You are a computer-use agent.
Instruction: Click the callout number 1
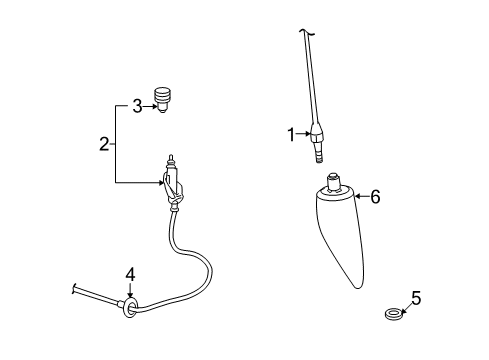pyautogui.click(x=292, y=133)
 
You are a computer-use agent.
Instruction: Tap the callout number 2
pyautogui.click(x=103, y=144)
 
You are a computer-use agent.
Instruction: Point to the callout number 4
pyautogui.click(x=129, y=274)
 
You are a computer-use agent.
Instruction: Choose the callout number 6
pyautogui.click(x=375, y=197)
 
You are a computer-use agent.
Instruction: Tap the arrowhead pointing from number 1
pyautogui.click(x=308, y=134)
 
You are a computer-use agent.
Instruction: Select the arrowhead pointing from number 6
pyautogui.click(x=356, y=197)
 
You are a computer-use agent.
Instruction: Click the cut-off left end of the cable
pyautogui.click(x=74, y=289)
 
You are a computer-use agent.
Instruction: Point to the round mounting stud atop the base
pyautogui.click(x=332, y=180)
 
